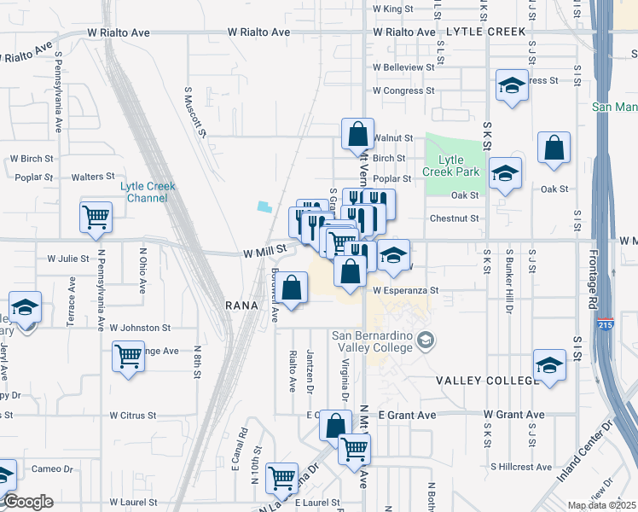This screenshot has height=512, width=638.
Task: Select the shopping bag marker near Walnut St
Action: (x=357, y=134)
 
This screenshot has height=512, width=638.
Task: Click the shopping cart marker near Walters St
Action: (x=96, y=216)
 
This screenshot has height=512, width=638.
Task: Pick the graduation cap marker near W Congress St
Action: (x=512, y=85)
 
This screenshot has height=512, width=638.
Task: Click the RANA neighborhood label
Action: (x=241, y=305)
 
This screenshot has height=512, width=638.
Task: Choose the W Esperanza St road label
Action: (x=405, y=290)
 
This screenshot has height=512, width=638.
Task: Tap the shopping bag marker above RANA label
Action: (x=292, y=288)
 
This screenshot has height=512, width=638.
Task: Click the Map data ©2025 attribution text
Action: (x=601, y=505)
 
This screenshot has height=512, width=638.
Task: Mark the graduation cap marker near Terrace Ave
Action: (x=26, y=307)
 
